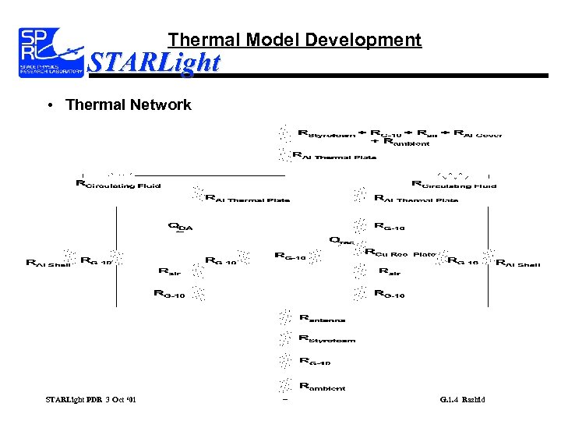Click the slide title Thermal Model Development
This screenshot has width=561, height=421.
295,40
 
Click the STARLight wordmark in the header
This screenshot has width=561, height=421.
154,62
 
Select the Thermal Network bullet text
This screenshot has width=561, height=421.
129,104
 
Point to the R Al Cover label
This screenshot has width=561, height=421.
478,133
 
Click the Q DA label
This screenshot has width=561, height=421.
180,227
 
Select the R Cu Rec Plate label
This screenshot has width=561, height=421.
400,253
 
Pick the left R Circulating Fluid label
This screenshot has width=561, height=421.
118,185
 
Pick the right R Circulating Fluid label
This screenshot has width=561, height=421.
453,185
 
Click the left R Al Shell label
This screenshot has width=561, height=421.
48,264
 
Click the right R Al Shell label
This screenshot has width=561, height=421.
518,264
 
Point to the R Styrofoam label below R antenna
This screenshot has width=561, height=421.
326,339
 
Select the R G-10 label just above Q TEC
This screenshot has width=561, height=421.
390,227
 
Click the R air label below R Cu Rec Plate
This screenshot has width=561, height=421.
389,272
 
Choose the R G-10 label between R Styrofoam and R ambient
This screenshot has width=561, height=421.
315,362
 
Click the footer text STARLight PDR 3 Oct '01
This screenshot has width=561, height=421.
90,400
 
